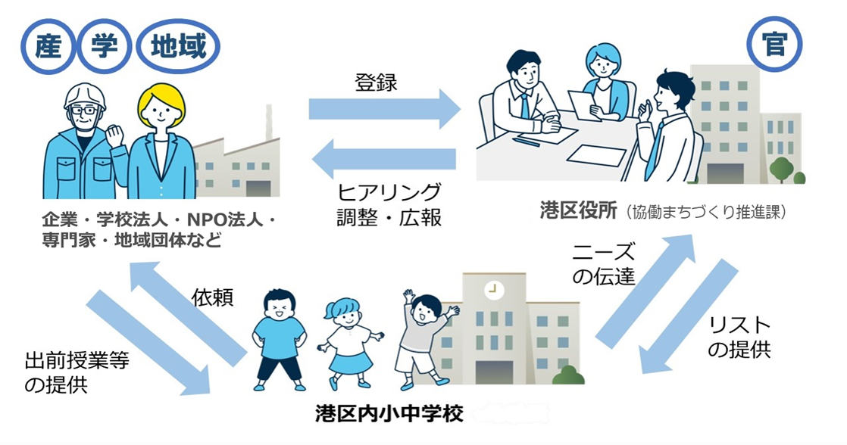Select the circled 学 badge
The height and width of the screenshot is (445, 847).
(105, 48)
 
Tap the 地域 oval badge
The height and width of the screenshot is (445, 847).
(178, 48)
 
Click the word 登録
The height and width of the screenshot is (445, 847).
(376, 82)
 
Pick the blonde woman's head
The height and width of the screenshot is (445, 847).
(161, 109)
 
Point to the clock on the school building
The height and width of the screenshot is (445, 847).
(495, 288)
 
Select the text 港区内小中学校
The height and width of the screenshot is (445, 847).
(389, 414)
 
